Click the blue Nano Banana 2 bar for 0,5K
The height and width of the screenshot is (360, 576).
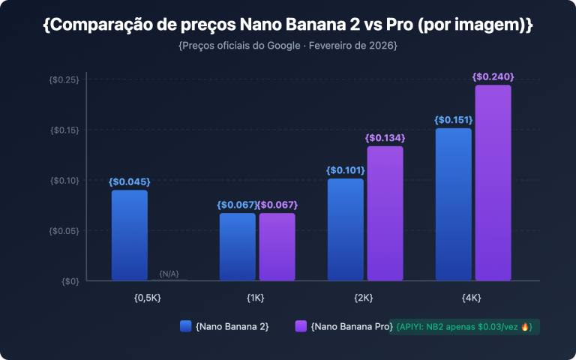pyautogui.click(x=130, y=235)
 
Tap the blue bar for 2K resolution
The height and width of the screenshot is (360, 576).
pyautogui.click(x=346, y=229)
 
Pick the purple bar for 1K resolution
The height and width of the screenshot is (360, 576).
pyautogui.click(x=277, y=247)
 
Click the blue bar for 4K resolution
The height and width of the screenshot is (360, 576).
pyautogui.click(x=454, y=204)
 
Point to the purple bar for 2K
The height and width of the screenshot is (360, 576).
pyautogui.click(x=385, y=213)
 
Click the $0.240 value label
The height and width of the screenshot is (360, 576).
pyautogui.click(x=493, y=76)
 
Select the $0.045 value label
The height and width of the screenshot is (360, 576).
pyautogui.click(x=130, y=181)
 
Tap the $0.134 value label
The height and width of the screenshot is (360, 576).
pyautogui.click(x=385, y=138)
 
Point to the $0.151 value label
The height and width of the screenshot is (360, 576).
pyautogui.click(x=454, y=120)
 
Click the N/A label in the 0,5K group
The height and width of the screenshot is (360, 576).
pyautogui.click(x=169, y=274)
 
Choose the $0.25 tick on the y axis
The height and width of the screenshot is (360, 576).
pyautogui.click(x=64, y=79)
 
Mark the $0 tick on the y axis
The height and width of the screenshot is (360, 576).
pyautogui.click(x=70, y=280)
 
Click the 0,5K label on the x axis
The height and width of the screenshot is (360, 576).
pyautogui.click(x=147, y=298)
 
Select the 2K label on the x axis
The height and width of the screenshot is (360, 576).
pyautogui.click(x=364, y=298)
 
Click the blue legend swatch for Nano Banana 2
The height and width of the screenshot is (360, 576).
pyautogui.click(x=186, y=326)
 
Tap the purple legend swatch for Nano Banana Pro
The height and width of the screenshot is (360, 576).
pyautogui.click(x=300, y=326)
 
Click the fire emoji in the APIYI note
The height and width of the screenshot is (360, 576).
pyautogui.click(x=525, y=327)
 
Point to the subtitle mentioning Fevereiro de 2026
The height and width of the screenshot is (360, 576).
pyautogui.click(x=288, y=46)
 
